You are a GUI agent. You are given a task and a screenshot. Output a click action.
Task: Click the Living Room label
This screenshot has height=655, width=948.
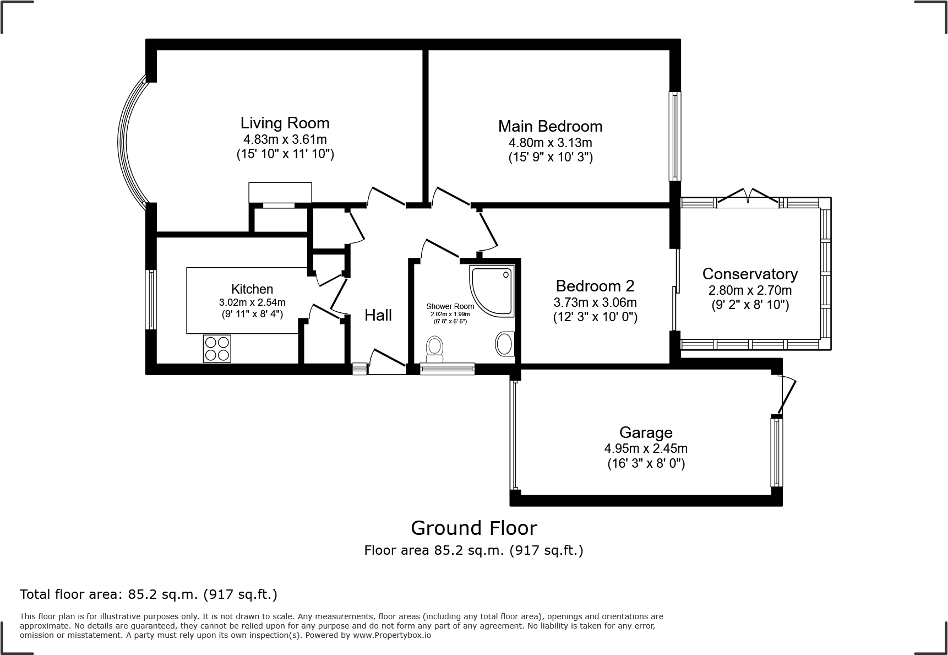click(x=285, y=123)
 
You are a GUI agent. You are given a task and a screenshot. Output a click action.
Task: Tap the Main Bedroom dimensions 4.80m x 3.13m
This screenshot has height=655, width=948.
click(x=550, y=143)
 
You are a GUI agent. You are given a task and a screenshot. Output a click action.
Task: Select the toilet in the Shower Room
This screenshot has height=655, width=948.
click(x=435, y=349)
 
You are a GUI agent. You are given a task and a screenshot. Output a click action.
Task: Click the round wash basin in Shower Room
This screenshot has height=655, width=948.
click(x=504, y=344)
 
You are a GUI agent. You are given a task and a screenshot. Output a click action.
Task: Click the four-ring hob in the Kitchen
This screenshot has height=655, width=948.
click(x=216, y=349)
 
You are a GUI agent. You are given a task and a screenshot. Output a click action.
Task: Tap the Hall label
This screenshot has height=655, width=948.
click(x=378, y=315)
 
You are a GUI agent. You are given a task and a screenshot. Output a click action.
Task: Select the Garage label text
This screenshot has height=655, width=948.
click(x=646, y=432)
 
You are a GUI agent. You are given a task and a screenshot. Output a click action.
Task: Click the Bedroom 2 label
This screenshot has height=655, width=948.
click(x=595, y=286)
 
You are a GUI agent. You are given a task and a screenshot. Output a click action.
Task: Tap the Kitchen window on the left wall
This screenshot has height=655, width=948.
click(x=150, y=300)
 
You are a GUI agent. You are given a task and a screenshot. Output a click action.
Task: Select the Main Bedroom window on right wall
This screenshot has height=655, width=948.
click(x=675, y=136)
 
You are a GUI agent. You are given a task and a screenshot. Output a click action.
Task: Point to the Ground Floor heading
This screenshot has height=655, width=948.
click(x=473, y=528)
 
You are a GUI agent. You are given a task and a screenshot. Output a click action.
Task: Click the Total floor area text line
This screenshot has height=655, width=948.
click(x=148, y=594)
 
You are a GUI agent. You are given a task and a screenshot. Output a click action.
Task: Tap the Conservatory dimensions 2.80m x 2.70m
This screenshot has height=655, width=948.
click(x=750, y=290)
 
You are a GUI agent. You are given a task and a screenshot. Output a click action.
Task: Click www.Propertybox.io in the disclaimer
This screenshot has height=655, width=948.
click(x=392, y=635)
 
